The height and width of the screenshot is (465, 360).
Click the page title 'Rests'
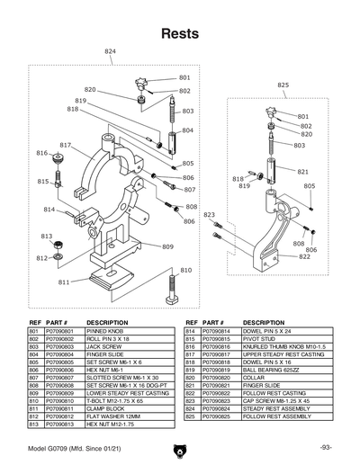180,35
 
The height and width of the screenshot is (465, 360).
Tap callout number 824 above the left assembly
110,52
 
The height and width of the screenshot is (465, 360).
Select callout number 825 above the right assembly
283,85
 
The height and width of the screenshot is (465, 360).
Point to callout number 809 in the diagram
167,246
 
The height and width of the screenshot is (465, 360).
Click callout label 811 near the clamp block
64,282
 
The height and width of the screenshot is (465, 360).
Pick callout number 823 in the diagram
209,215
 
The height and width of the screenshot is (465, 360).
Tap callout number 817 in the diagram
66,145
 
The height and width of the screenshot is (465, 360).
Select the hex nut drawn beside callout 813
57,244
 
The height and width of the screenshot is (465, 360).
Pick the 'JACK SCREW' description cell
104,346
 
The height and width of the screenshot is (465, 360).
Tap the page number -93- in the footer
326,448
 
